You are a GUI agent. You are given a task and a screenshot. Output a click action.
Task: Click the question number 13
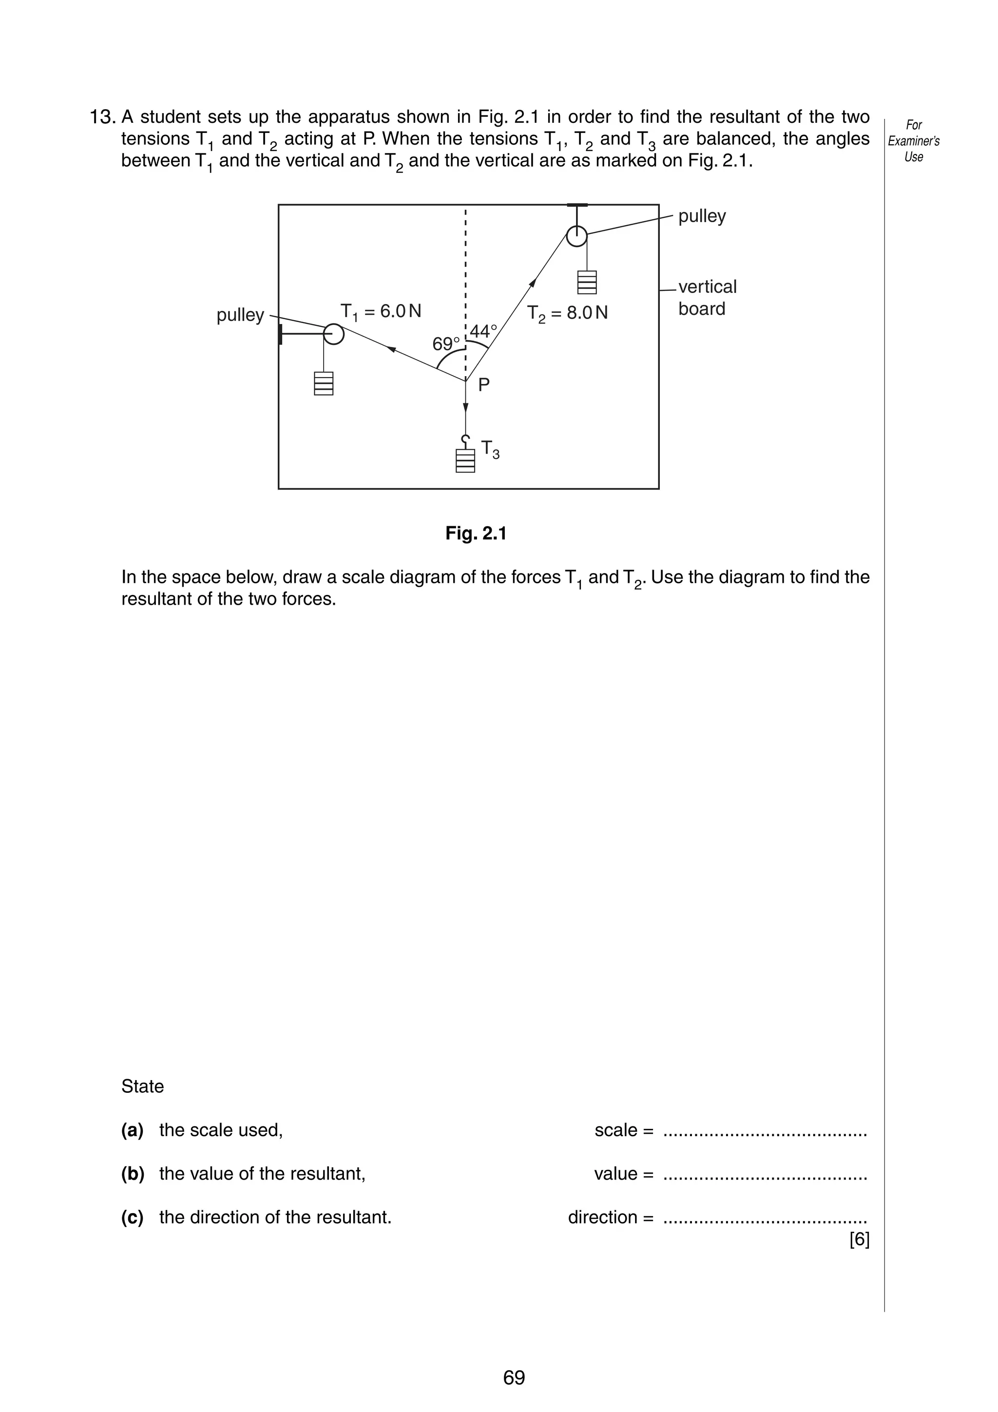tap(103, 117)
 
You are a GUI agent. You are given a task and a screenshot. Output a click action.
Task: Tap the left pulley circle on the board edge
tap(333, 334)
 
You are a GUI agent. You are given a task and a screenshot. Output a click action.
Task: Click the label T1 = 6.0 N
tap(381, 312)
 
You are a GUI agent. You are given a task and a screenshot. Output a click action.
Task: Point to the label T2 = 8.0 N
tap(567, 313)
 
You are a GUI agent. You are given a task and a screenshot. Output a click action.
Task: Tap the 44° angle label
tap(483, 331)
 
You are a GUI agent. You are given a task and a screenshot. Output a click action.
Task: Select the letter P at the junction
tap(484, 385)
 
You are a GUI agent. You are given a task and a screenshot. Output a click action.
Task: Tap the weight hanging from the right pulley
tap(587, 282)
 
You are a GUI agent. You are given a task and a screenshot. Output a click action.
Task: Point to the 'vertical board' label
tap(707, 298)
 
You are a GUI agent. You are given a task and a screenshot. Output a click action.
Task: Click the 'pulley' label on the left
tap(240, 315)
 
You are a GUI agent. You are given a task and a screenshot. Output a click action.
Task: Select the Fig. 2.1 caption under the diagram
tap(476, 533)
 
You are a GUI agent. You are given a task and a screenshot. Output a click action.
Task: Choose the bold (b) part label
tap(133, 1173)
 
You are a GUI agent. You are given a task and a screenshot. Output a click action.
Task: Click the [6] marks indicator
tap(859, 1240)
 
